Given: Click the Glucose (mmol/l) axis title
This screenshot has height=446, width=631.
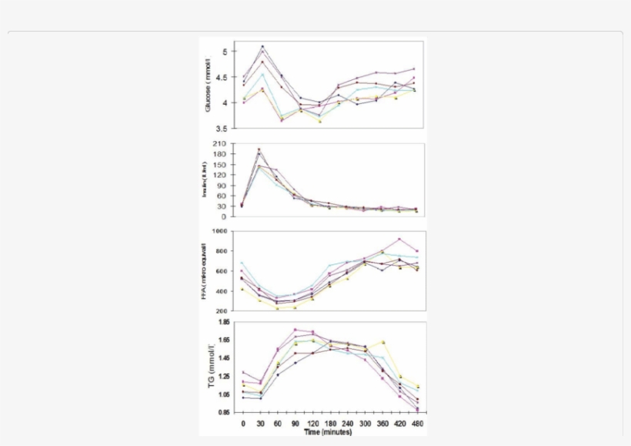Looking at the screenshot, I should tap(208, 86).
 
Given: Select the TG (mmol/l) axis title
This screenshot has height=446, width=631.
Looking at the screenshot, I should tap(210, 369).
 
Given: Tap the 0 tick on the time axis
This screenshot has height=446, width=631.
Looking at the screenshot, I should tap(243, 423).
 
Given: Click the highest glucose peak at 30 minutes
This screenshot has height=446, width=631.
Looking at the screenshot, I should tap(262, 46).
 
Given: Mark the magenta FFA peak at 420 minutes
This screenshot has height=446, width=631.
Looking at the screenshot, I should tap(399, 239).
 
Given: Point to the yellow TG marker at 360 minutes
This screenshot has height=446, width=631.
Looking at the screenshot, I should tap(382, 342).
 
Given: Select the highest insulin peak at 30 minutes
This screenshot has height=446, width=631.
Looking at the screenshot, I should tap(259, 149).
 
